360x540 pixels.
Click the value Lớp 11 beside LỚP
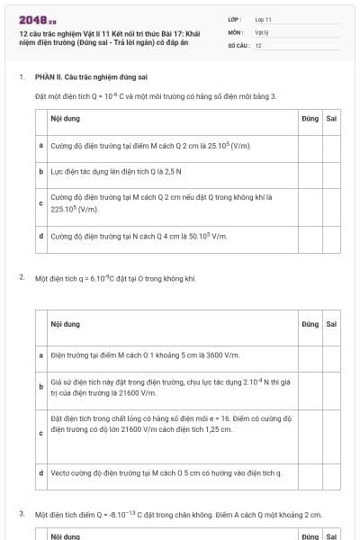coord(263,19)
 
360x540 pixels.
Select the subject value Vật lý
coord(261,31)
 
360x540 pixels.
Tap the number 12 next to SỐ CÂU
coord(258,45)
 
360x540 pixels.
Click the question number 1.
coord(21,77)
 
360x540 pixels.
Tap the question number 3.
coord(21,515)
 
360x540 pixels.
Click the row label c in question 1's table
coord(41,203)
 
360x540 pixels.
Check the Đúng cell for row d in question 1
coord(310,237)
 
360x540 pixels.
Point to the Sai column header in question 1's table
coord(331,118)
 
